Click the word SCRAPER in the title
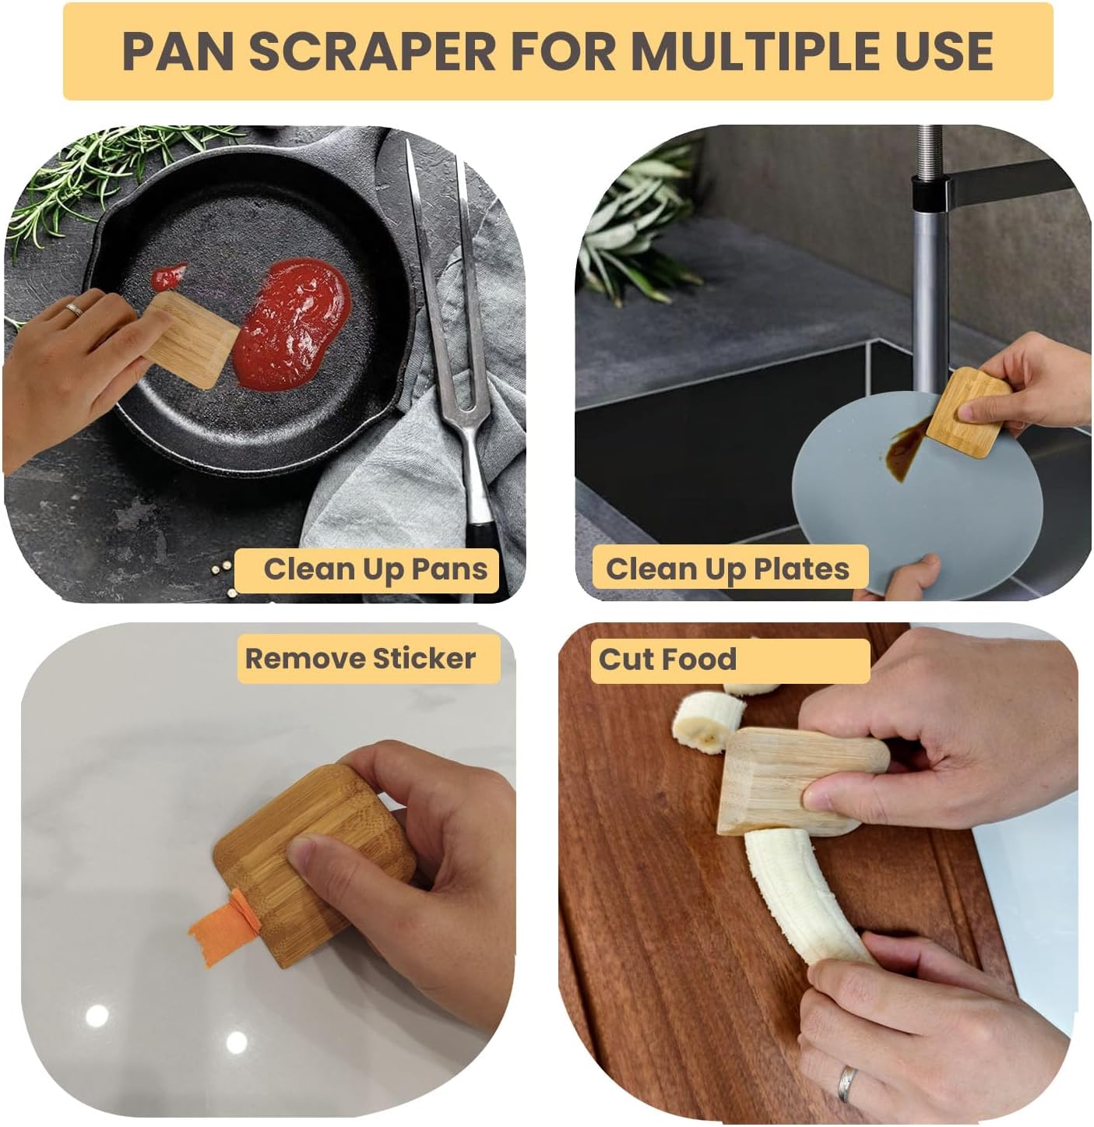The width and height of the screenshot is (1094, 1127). (371, 51)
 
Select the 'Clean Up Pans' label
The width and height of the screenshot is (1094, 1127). (375, 569)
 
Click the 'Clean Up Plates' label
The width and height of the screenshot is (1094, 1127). (727, 569)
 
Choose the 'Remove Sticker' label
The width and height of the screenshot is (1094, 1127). (361, 659)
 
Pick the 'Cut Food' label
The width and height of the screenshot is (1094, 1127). (667, 660)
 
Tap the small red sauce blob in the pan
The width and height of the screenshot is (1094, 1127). (167, 275)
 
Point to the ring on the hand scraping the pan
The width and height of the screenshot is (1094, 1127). (74, 309)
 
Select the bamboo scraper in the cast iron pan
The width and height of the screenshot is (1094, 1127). (192, 340)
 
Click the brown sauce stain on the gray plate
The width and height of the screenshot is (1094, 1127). (903, 451)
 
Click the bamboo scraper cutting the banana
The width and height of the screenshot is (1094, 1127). (786, 779)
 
